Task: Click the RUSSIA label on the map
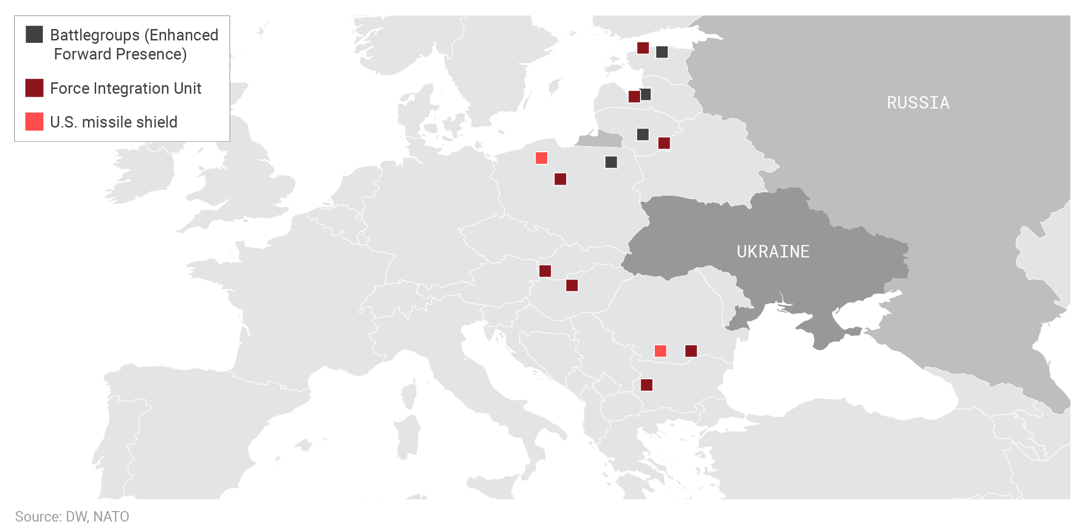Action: [917, 103]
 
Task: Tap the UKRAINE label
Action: [773, 252]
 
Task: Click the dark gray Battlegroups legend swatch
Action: [34, 34]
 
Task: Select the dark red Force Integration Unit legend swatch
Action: [34, 88]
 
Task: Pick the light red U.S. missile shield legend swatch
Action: [34, 122]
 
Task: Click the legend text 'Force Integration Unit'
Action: [126, 89]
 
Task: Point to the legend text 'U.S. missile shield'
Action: [114, 122]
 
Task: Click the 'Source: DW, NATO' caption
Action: [72, 517]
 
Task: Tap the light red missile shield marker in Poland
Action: [541, 158]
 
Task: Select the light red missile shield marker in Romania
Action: [660, 351]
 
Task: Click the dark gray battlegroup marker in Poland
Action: [611, 162]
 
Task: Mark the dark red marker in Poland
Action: [560, 179]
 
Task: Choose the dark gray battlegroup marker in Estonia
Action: [661, 52]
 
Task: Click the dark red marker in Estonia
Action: [643, 48]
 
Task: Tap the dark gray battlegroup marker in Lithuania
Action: [642, 135]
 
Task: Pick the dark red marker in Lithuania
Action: [664, 143]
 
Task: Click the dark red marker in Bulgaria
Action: [646, 385]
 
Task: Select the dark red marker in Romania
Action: [691, 351]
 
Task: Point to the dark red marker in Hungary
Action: [572, 286]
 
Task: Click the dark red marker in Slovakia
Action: [545, 271]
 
